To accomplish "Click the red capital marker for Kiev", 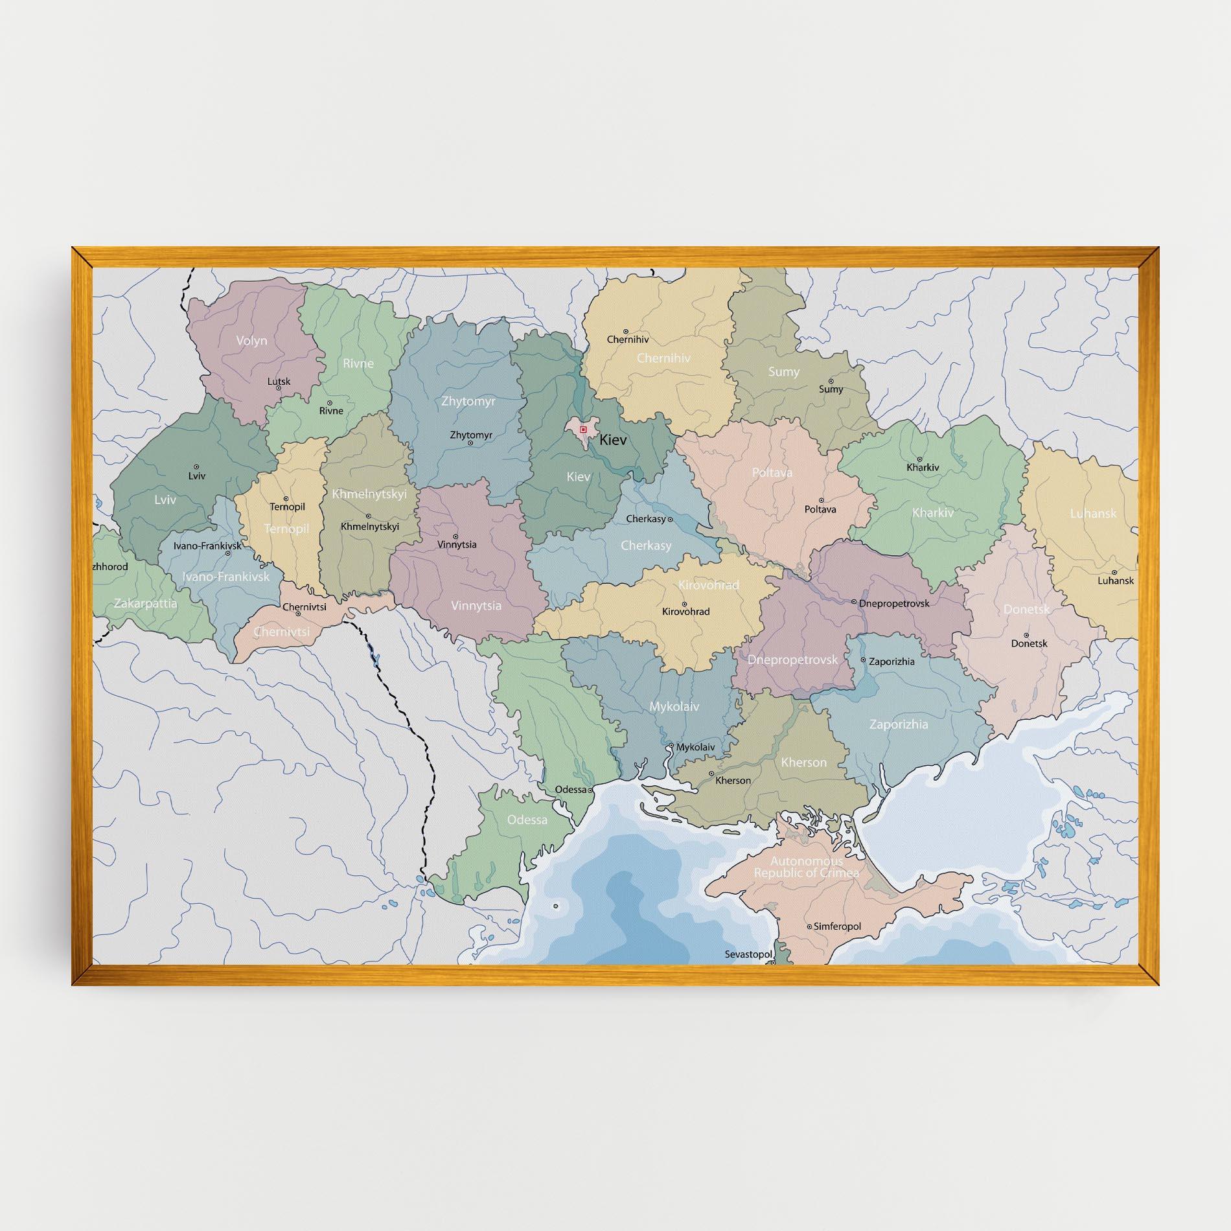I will click(583, 429).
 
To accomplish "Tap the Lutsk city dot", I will click(279, 388).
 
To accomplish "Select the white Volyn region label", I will click(251, 340).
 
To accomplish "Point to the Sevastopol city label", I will click(749, 954).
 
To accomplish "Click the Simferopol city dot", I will click(809, 926).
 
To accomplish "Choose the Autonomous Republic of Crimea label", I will click(806, 867).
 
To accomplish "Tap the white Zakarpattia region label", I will click(145, 603).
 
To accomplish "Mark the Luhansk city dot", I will click(1114, 573).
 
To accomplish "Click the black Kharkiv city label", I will click(923, 467).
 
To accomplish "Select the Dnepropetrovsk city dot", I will click(854, 603).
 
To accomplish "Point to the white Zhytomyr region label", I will click(468, 402).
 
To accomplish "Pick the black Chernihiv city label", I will click(627, 339).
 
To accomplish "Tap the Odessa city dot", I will click(590, 790).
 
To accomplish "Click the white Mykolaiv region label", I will click(674, 707).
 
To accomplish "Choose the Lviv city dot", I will click(196, 466).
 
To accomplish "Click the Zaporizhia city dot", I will click(863, 660).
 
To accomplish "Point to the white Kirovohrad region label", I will click(708, 584).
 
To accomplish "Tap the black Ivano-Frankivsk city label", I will click(207, 546).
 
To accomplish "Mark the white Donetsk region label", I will click(1026, 609).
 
